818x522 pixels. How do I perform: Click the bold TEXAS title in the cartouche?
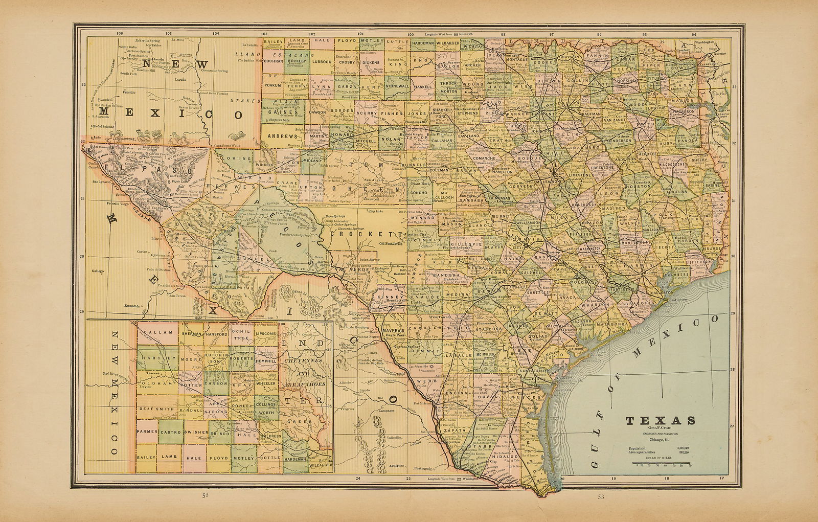coord(661,421)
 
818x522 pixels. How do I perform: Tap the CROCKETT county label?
coord(355,234)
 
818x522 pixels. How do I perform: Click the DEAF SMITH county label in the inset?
coord(155,410)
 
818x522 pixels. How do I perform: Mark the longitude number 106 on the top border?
coord(120,34)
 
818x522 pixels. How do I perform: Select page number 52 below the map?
coord(205,496)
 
